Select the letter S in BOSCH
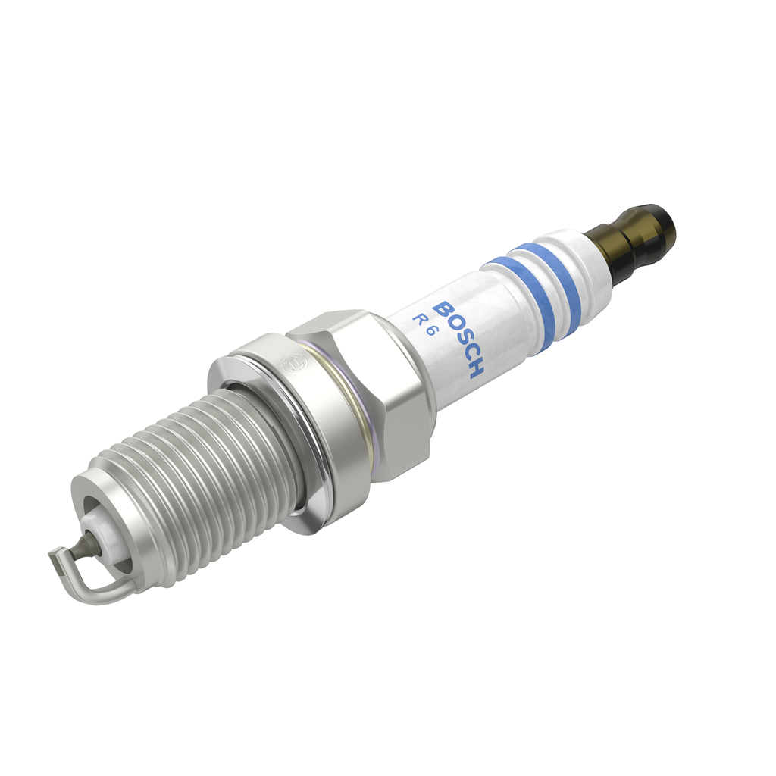pyautogui.click(x=458, y=339)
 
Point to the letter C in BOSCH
pyautogui.click(x=466, y=355)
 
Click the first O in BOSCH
pyautogui.click(x=450, y=324)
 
